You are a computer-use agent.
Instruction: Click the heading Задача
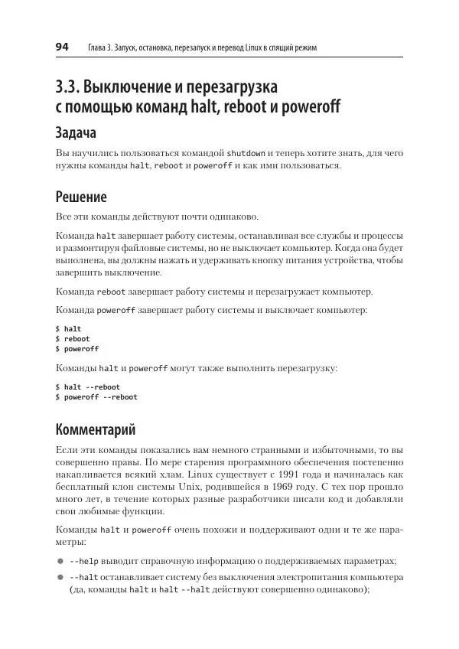click(76, 133)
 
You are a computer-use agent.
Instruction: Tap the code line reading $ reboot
click(73, 338)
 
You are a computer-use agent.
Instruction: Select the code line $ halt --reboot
click(87, 386)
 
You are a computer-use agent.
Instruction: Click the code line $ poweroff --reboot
click(96, 396)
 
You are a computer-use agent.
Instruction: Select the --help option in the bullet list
click(83, 561)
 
